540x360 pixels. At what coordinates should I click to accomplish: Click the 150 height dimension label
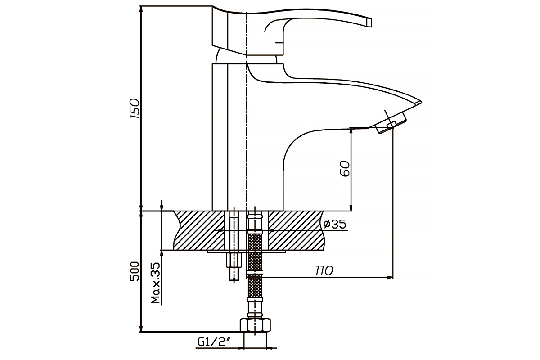pyautogui.click(x=135, y=108)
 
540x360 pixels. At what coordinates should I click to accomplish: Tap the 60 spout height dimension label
pyautogui.click(x=345, y=169)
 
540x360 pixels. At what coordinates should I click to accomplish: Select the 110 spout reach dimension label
pyautogui.click(x=324, y=271)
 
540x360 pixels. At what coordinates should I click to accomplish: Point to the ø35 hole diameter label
pyautogui.click(x=335, y=224)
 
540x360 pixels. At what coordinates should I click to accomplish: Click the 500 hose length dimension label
pyautogui.click(x=135, y=271)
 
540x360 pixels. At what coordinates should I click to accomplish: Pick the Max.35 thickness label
pyautogui.click(x=156, y=283)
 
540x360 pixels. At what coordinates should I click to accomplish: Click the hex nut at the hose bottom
pyautogui.click(x=255, y=325)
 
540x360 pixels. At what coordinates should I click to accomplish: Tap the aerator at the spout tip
pyautogui.click(x=391, y=123)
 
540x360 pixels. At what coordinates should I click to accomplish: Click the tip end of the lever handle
pyautogui.click(x=369, y=22)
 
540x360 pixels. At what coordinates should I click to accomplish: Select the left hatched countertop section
pyautogui.click(x=199, y=230)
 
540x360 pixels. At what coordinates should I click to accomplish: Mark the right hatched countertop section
pyautogui.click(x=297, y=230)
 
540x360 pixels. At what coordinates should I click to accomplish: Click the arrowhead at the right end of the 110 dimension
pyautogui.click(x=390, y=278)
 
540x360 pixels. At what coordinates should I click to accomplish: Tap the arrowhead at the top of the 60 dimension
pyautogui.click(x=351, y=130)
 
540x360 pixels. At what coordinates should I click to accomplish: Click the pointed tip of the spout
pyautogui.click(x=421, y=102)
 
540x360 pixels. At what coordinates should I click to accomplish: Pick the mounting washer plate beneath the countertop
pyautogui.click(x=246, y=252)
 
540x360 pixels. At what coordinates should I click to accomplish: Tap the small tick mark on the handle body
pyautogui.click(x=279, y=43)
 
